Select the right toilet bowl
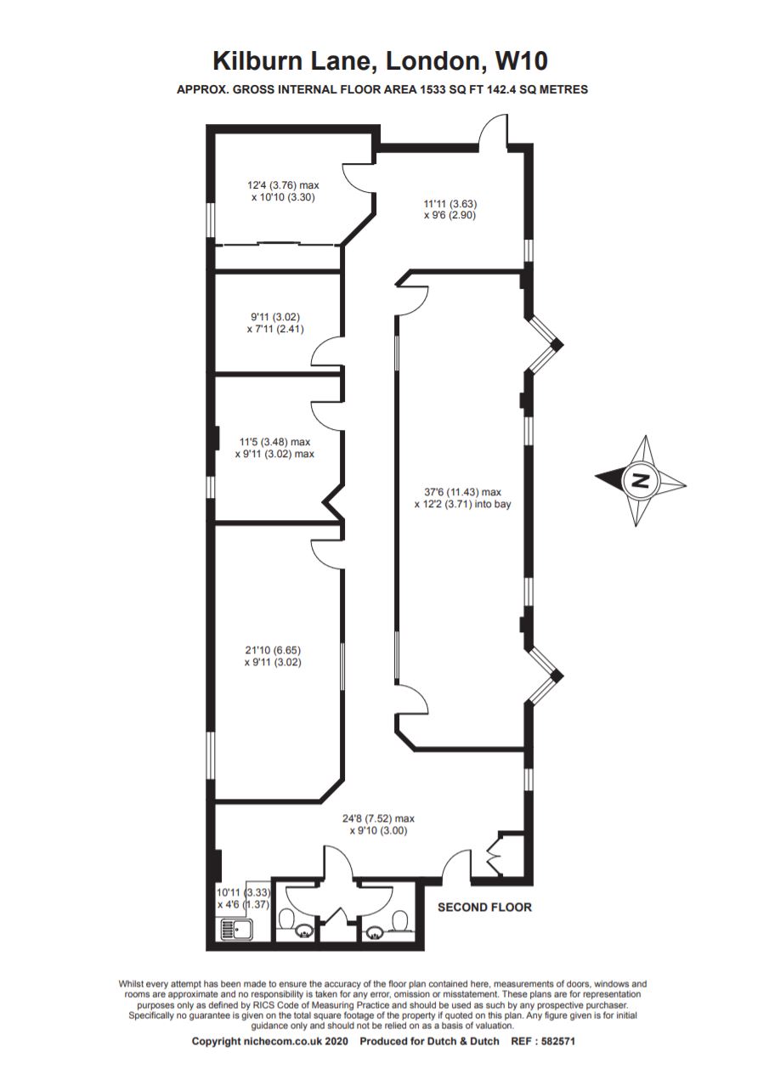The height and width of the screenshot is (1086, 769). pyautogui.click(x=400, y=919)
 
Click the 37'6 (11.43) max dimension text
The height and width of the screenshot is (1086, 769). pyautogui.click(x=462, y=492)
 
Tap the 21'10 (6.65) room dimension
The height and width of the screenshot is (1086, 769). pyautogui.click(x=273, y=650)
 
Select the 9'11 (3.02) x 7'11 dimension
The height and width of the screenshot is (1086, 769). pyautogui.click(x=275, y=323)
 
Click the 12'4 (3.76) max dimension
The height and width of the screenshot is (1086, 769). pyautogui.click(x=283, y=184)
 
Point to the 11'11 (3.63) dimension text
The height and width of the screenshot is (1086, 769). pyautogui.click(x=450, y=204)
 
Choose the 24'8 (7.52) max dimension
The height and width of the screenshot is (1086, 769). pyautogui.click(x=378, y=818)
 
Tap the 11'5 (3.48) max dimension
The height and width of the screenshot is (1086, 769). pyautogui.click(x=275, y=442)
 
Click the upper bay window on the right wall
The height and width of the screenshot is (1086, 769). pyautogui.click(x=544, y=344)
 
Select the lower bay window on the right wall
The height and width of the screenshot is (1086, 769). pyautogui.click(x=544, y=676)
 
